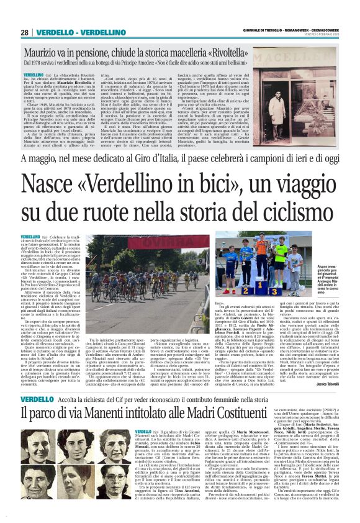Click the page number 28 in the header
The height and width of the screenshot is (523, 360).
pyautogui.click(x=24, y=32)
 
